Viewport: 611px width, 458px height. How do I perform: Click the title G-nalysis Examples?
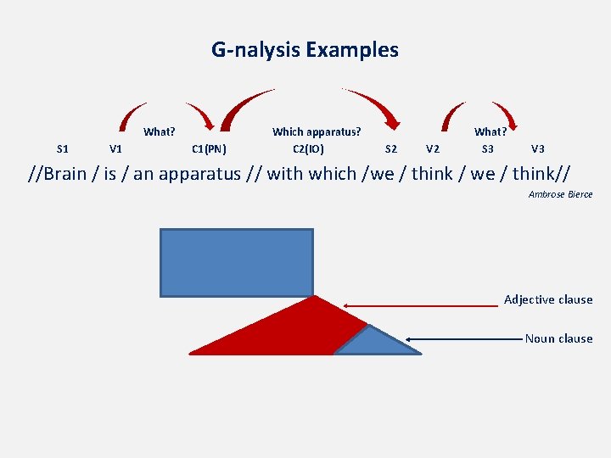[305, 50]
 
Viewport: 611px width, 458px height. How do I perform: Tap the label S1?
[62, 149]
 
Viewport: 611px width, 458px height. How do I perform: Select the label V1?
[116, 149]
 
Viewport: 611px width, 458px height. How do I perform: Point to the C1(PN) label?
[209, 149]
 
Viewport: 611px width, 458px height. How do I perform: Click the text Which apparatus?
[316, 131]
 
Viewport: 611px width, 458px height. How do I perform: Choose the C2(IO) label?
[308, 149]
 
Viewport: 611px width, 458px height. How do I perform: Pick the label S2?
[391, 149]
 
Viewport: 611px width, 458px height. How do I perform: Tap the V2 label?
[433, 149]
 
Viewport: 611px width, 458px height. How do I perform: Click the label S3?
[488, 149]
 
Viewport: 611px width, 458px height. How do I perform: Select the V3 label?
[538, 149]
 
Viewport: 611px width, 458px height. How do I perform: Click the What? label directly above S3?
[490, 131]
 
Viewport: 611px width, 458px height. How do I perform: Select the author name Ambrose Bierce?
[560, 195]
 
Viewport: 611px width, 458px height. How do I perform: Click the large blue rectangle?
[237, 262]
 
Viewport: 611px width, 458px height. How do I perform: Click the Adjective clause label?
[548, 299]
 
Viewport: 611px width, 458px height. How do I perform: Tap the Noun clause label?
[558, 338]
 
